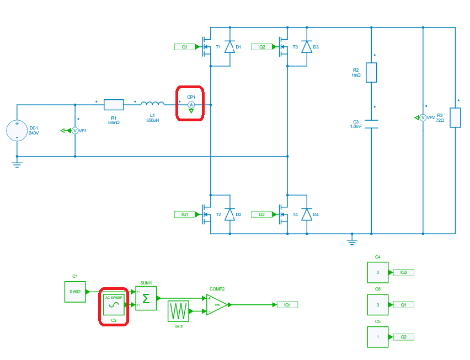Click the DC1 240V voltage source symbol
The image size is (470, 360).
click(17, 131)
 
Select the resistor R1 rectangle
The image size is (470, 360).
click(114, 104)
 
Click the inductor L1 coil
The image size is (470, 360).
click(152, 103)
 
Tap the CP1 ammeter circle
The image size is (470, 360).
click(191, 104)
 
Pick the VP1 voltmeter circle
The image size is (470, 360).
click(75, 131)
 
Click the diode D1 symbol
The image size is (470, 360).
click(229, 47)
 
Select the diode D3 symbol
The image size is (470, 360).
click(307, 47)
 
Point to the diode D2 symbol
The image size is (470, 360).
click(229, 214)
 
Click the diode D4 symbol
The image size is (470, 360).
click(307, 214)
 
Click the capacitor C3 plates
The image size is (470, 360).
click(371, 124)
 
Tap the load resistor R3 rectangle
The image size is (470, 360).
click(455, 117)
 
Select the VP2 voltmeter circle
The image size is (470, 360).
click(423, 117)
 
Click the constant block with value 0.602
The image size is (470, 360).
click(75, 292)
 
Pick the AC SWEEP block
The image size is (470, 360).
click(114, 303)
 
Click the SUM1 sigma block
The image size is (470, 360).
click(146, 298)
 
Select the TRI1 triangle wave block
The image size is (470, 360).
click(178, 311)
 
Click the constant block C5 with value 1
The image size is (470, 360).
click(378, 337)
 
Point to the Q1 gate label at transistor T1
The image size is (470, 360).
click(185, 47)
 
